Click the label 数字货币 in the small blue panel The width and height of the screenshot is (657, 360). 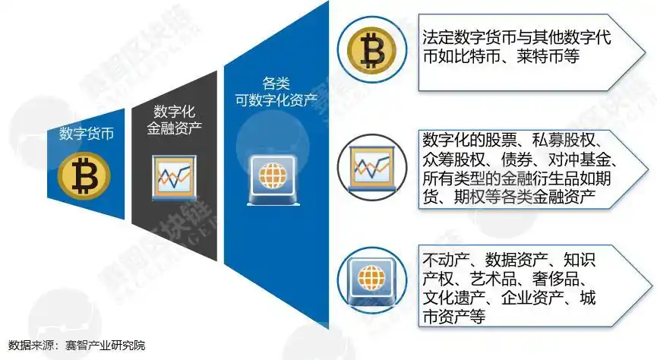(87, 134)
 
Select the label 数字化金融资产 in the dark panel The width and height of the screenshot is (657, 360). (172, 120)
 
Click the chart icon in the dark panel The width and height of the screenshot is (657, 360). (172, 176)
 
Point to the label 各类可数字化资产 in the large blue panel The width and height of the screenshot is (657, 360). (275, 89)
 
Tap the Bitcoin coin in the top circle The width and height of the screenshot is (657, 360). (371, 50)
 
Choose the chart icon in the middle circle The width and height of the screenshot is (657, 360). (371, 165)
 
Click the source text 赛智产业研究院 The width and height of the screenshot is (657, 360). (105, 346)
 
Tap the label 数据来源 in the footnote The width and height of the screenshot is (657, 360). (29, 346)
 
